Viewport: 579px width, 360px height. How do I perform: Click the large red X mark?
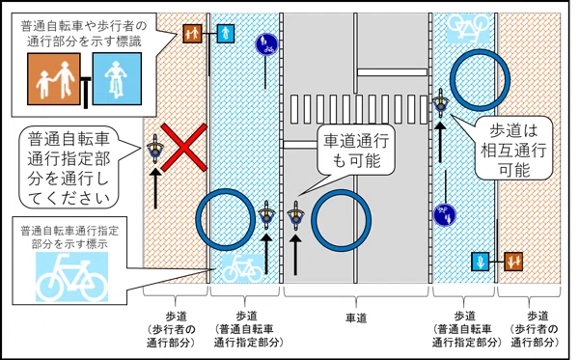[184, 148]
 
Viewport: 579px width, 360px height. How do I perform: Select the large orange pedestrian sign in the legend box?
[54, 78]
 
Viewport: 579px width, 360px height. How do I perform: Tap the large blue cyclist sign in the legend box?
[117, 78]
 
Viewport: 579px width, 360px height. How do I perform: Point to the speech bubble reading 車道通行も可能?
[356, 151]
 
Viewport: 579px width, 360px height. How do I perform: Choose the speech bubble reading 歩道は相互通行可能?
[513, 148]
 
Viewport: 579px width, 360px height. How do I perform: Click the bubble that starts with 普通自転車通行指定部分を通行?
[69, 167]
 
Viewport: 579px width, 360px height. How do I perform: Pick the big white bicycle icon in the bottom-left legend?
[72, 277]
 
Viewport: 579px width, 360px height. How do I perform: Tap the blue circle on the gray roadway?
[342, 220]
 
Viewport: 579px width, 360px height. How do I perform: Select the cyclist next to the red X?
[155, 150]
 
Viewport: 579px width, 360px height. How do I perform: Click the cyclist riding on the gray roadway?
[295, 215]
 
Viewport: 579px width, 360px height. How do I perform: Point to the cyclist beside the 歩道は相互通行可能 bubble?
[441, 103]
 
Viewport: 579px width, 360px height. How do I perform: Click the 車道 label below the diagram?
[356, 318]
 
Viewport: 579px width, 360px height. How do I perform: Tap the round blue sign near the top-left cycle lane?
[266, 44]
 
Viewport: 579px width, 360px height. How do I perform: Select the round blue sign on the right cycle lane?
[445, 214]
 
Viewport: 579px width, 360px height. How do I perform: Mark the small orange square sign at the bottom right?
[513, 262]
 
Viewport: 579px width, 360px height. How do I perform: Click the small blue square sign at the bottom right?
[480, 262]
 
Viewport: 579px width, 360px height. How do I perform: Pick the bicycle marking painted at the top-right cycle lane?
[468, 27]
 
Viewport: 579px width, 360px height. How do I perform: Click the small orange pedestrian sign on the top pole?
[192, 34]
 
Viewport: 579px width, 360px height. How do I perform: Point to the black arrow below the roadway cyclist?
[295, 255]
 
